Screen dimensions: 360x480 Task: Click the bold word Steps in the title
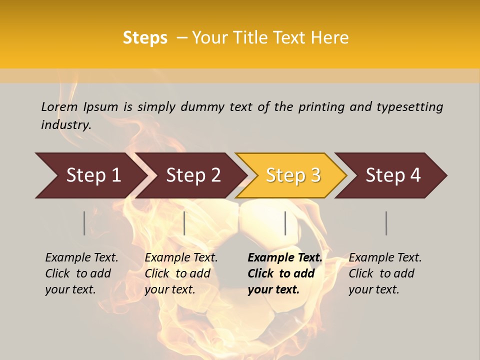pos(145,38)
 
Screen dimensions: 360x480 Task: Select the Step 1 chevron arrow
pos(90,175)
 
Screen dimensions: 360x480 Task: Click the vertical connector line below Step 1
pos(84,223)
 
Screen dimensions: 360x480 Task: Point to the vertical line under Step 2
pos(184,223)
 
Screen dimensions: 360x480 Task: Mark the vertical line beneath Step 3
pos(285,223)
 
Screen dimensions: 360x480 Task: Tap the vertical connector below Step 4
pos(386,223)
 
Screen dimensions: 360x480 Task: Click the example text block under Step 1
pos(81,273)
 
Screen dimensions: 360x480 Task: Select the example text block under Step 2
pos(181,273)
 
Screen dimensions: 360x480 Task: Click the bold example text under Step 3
pos(284,273)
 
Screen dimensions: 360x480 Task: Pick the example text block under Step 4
pos(385,273)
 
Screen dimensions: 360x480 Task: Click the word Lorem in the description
pos(59,107)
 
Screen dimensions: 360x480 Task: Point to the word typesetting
pos(409,107)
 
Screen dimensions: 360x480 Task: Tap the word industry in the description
pos(66,125)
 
